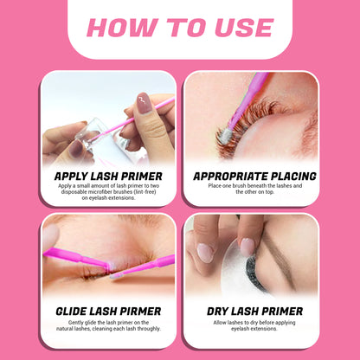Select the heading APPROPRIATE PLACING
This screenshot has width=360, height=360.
click(250, 176)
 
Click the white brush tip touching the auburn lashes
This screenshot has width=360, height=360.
click(224, 137)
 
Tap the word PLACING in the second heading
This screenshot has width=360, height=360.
click(287, 176)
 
